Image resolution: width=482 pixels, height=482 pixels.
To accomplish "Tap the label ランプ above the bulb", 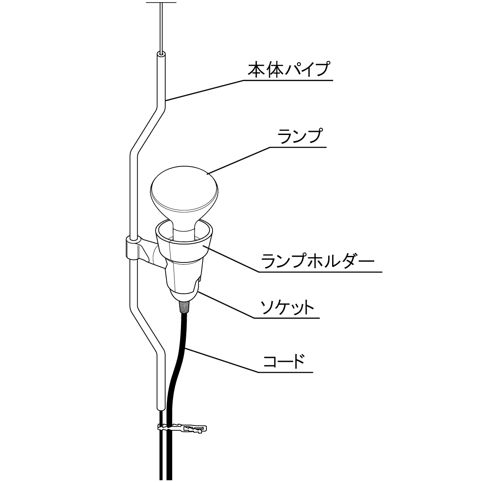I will click(x=300, y=136).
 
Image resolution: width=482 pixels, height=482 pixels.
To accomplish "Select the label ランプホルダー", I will click(x=318, y=262).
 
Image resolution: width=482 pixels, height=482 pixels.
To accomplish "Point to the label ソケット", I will click(x=287, y=307).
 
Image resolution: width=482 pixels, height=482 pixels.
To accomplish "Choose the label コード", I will click(x=284, y=362).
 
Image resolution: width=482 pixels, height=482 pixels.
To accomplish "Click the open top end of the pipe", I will click(x=161, y=55).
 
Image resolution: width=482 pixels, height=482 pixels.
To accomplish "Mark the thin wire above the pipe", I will click(x=161, y=26).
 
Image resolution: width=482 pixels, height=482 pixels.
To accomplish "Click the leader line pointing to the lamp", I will click(x=239, y=160).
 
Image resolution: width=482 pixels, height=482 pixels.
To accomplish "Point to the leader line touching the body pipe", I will click(x=204, y=91).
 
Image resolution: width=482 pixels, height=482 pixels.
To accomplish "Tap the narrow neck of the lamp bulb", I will click(x=184, y=228).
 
